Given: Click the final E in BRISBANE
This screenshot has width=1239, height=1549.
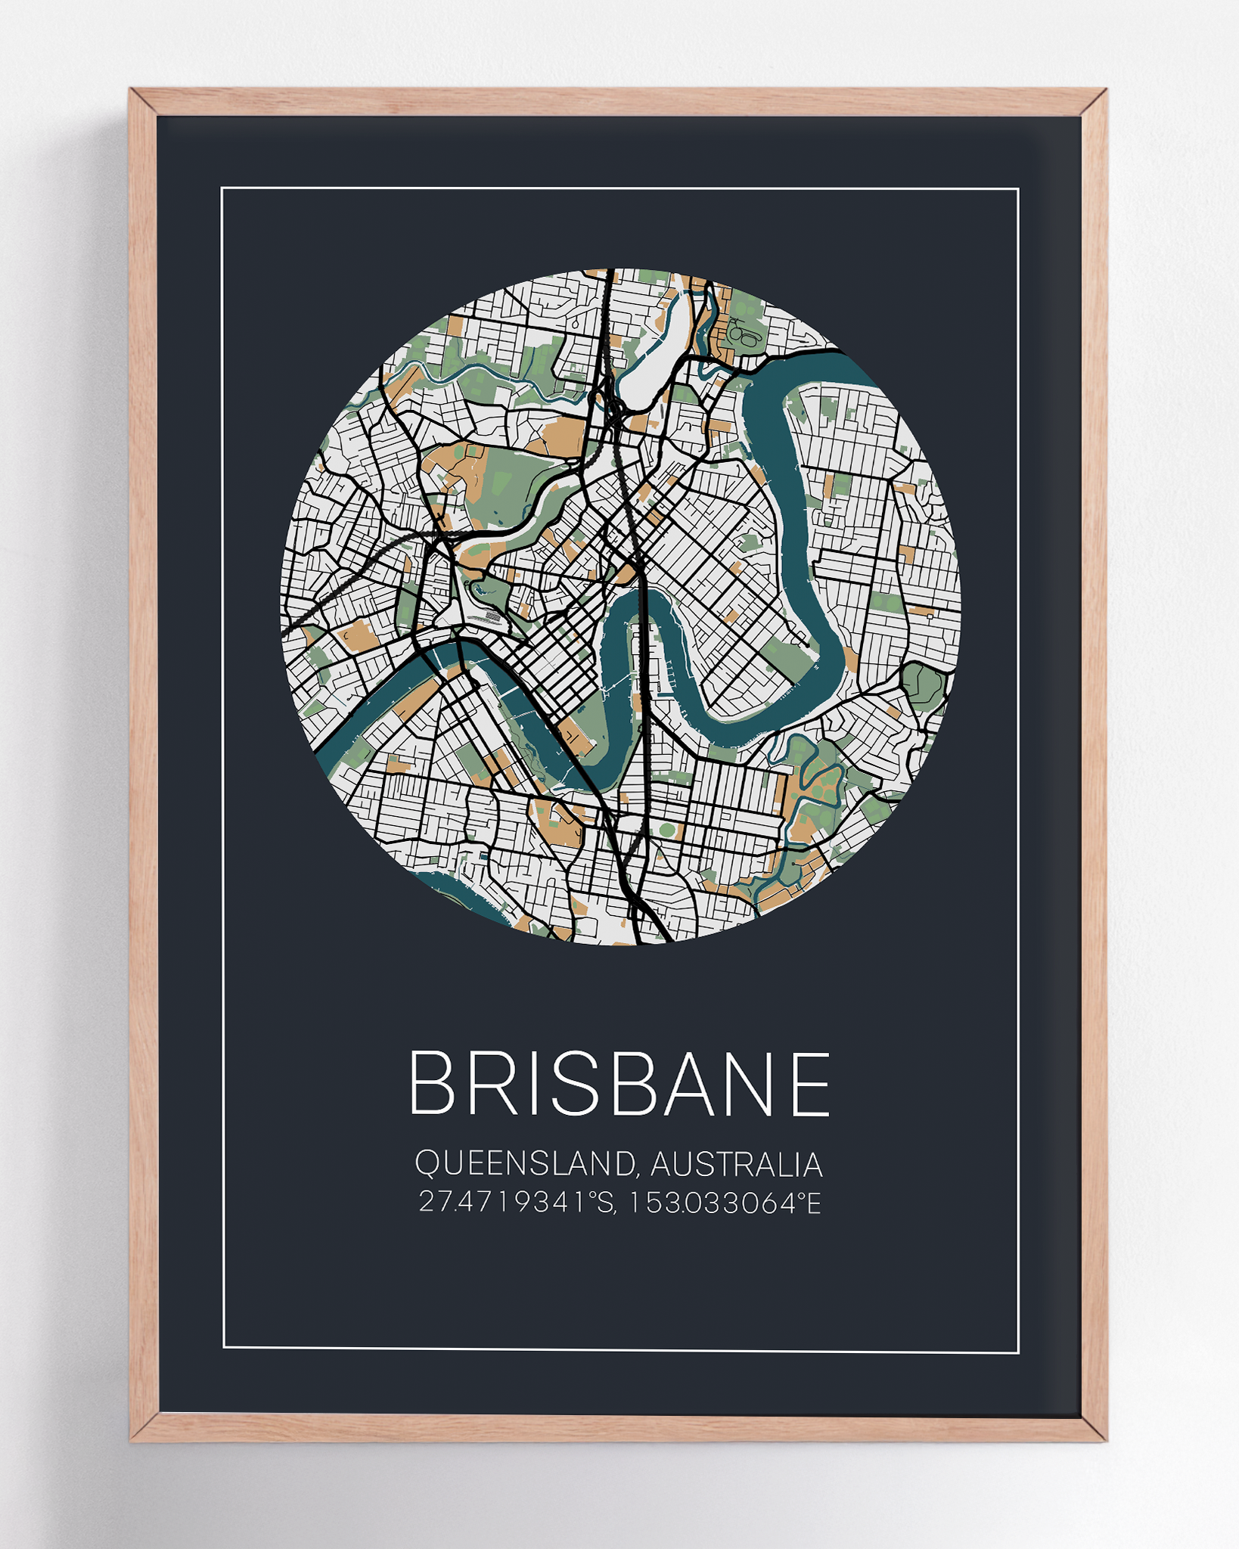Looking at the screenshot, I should pos(811,1083).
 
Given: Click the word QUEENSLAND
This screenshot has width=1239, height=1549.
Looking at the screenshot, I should pos(523,1164).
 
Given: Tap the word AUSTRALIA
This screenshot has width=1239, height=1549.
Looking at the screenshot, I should pos(736,1165).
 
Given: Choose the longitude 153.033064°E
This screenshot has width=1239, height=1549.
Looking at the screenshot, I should pos(724,1202).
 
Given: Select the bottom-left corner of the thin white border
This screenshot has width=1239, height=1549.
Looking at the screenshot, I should pos(224,1347).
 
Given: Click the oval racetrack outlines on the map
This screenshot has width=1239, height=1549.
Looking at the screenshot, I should pos(745,335).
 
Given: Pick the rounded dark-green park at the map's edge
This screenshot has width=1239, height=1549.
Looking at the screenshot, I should pos(924,685).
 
